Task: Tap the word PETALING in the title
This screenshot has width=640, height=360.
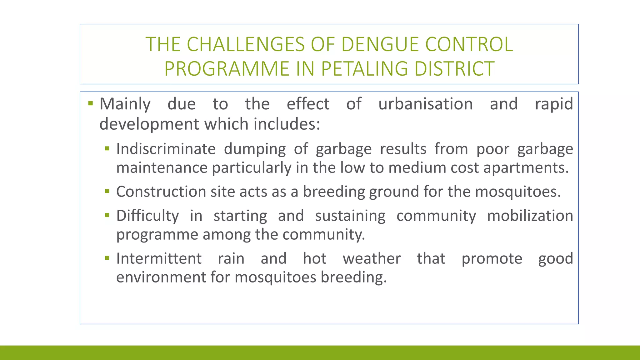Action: click(x=364, y=69)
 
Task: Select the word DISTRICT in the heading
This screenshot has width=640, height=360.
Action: click(x=454, y=69)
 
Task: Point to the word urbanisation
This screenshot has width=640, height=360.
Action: click(x=425, y=104)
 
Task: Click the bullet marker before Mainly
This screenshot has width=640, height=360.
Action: click(x=91, y=103)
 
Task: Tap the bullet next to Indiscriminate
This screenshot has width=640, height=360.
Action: click(x=107, y=148)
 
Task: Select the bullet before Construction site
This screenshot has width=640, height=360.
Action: click(x=107, y=191)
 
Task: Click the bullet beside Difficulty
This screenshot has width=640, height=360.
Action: click(x=107, y=215)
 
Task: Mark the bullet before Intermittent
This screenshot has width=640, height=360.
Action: click(x=107, y=258)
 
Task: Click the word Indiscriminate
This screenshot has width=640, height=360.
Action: click(x=166, y=149)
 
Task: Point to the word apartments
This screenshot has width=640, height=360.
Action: click(x=526, y=168)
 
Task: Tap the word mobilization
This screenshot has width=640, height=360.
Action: click(x=530, y=216)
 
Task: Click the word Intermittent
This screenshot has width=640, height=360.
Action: click(x=159, y=258)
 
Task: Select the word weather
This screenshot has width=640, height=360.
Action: click(x=372, y=258)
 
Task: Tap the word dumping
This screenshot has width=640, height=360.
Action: click(x=255, y=149)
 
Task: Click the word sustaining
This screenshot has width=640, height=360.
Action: click(x=350, y=216)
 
